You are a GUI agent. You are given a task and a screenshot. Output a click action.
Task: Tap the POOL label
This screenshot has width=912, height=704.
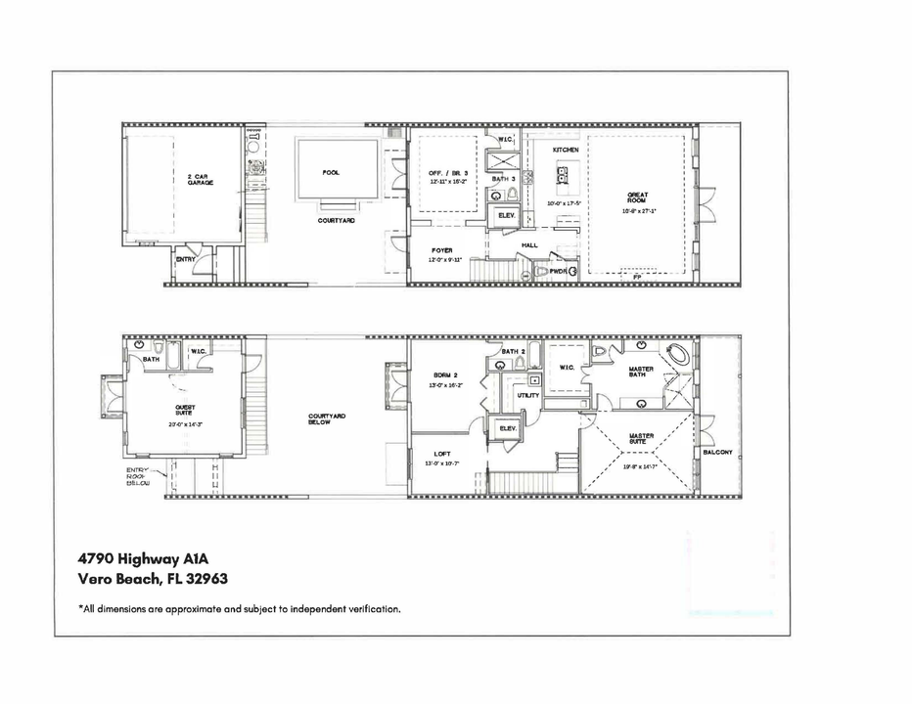click(331, 172)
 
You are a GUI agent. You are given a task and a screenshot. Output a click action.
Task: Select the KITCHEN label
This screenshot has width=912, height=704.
click(566, 150)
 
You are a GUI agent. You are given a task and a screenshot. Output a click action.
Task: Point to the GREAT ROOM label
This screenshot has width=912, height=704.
click(638, 198)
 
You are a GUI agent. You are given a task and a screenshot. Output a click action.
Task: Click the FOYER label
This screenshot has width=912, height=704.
click(441, 250)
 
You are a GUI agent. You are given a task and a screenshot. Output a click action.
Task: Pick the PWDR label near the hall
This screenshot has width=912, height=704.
click(558, 272)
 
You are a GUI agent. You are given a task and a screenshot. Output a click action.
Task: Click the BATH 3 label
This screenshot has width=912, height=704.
click(503, 179)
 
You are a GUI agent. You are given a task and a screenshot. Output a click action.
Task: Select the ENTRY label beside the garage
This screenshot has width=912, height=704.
click(185, 259)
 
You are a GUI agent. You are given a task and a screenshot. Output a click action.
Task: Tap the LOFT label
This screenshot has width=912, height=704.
click(442, 453)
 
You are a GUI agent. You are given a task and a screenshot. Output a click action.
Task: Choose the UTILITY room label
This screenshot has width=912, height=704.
click(528, 395)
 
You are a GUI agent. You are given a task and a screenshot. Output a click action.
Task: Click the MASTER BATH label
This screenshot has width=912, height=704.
click(641, 372)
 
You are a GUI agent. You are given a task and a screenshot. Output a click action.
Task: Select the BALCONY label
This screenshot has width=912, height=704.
click(717, 453)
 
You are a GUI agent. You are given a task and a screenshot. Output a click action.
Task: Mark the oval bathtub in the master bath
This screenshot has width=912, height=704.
click(678, 353)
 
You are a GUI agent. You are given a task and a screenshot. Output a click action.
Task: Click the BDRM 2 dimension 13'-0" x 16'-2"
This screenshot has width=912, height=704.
click(445, 385)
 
